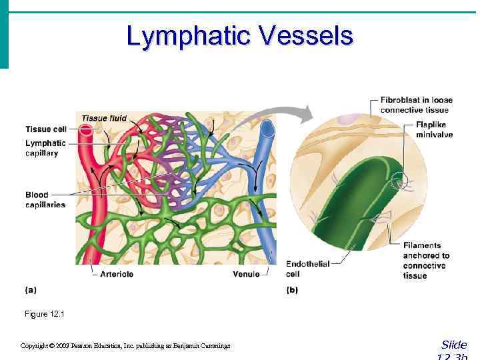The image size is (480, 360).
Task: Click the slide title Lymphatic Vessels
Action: (x=239, y=36)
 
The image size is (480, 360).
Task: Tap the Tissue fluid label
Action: (x=104, y=119)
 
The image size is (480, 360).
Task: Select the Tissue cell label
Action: (x=45, y=129)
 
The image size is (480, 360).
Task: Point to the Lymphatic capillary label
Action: (x=45, y=148)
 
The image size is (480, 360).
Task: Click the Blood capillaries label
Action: (x=45, y=200)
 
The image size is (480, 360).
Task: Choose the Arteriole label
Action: (x=117, y=274)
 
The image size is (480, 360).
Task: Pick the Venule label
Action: (x=246, y=274)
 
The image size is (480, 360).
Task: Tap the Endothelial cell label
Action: (x=307, y=269)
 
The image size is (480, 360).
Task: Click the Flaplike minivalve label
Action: (x=434, y=129)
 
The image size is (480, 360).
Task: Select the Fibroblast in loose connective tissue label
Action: (x=416, y=105)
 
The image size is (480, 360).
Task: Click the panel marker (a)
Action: (x=31, y=290)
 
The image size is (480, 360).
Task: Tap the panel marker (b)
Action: (x=292, y=290)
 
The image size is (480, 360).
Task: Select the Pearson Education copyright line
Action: (x=125, y=345)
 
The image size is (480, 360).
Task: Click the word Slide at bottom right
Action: (x=454, y=345)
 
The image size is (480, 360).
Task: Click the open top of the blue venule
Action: (x=267, y=125)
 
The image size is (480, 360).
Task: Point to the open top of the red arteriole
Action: (x=86, y=131)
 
